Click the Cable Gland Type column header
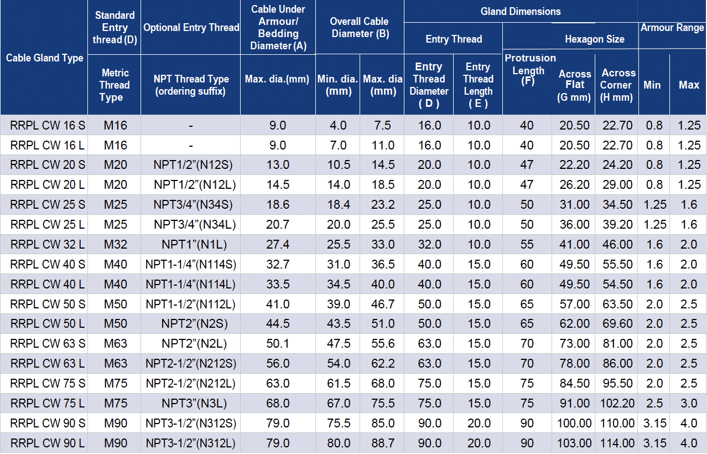[x=44, y=58]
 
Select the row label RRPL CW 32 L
[x=48, y=244]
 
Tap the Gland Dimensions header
[x=521, y=11]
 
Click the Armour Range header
[x=672, y=27]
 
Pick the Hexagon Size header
[x=595, y=39]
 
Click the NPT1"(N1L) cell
[x=191, y=244]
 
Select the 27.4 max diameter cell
[x=278, y=244]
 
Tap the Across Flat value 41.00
[x=574, y=244]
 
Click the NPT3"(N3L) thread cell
[x=191, y=404]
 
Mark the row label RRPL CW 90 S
[x=48, y=424]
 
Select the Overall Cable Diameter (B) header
[x=360, y=28]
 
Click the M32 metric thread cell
[x=115, y=244]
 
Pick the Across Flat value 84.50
[x=574, y=384]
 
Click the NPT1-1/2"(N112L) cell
[x=191, y=304]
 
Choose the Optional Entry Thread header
[x=191, y=28]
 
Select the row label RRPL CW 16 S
[x=48, y=125]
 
